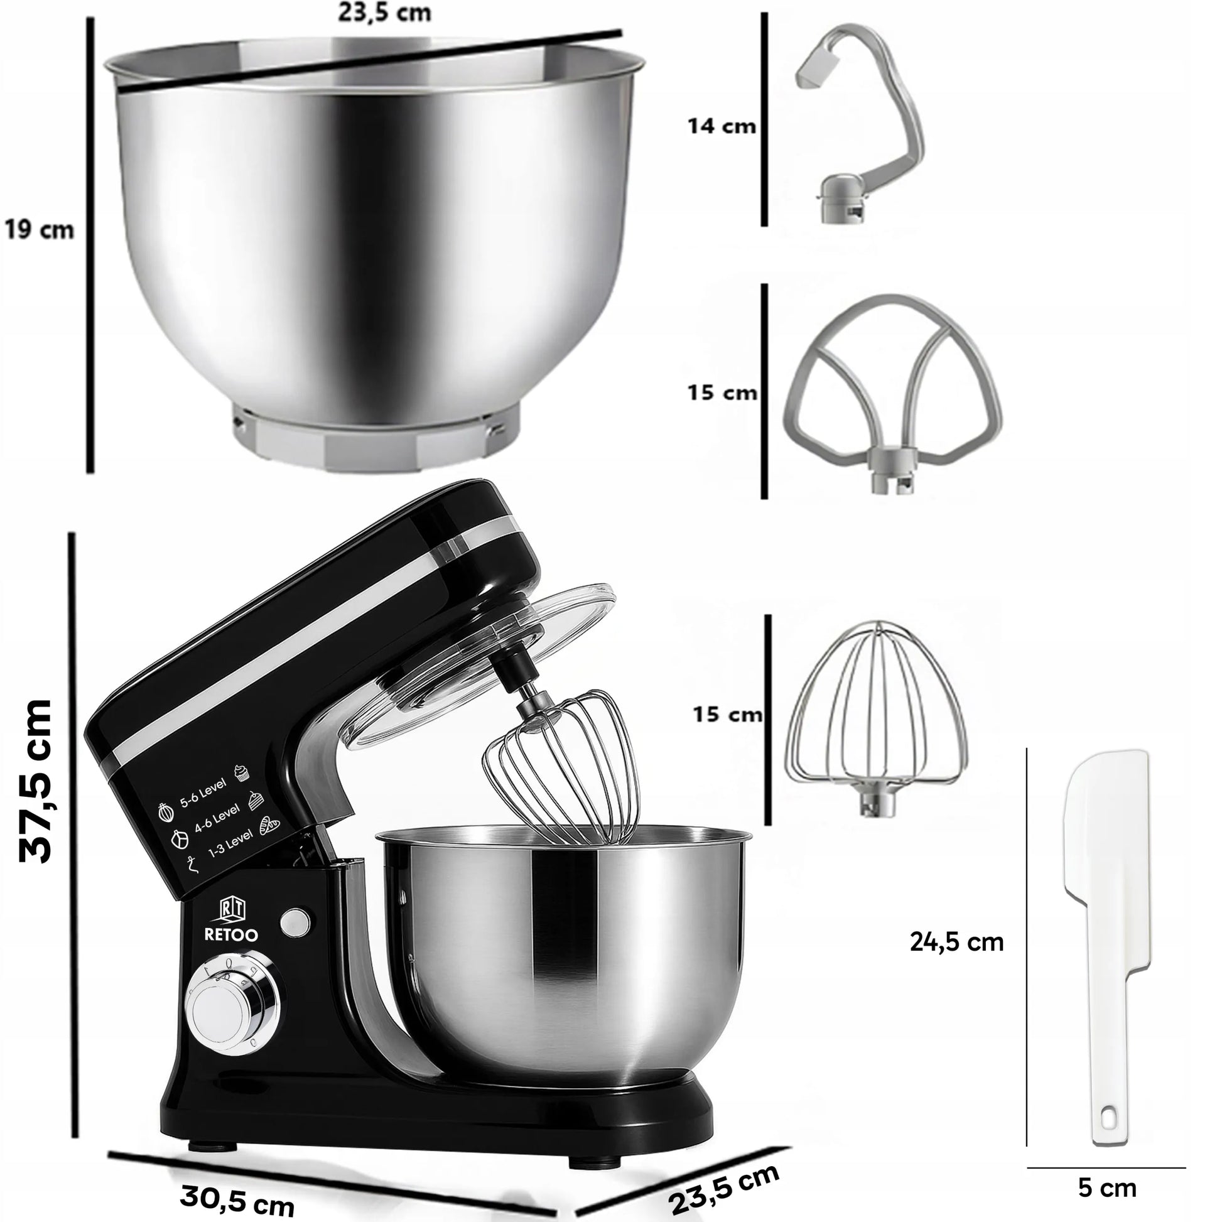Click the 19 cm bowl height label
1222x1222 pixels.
coord(39,230)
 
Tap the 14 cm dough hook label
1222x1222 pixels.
coord(722,126)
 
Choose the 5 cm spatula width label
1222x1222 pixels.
coord(1107,1188)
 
